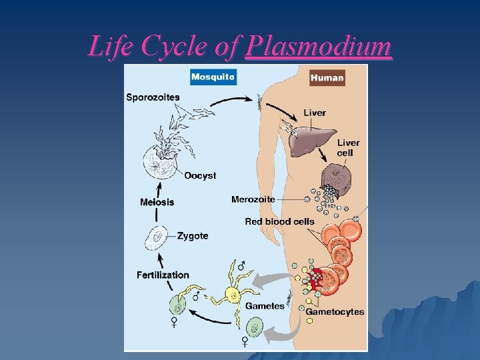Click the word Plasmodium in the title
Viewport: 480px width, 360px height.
[x=318, y=47]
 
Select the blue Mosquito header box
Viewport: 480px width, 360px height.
[x=213, y=77]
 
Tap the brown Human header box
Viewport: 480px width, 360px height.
[x=327, y=77]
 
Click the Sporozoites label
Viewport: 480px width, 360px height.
[x=153, y=97]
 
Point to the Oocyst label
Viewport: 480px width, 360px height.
[x=200, y=175]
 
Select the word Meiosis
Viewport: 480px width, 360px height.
[x=157, y=202]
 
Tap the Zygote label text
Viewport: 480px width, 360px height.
[x=193, y=236]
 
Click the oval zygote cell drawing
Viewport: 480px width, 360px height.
[x=157, y=237]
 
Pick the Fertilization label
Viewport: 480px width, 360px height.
[x=163, y=275]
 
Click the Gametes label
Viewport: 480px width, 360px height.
[x=265, y=306]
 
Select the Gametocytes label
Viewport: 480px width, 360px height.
[x=335, y=311]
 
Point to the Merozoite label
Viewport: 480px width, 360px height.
[x=253, y=199]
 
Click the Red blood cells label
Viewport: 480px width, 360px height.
[x=279, y=221]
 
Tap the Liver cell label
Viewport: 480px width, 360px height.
[x=348, y=147]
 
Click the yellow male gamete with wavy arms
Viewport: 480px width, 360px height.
[x=234, y=292]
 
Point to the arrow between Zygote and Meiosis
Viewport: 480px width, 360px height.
[x=157, y=216]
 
